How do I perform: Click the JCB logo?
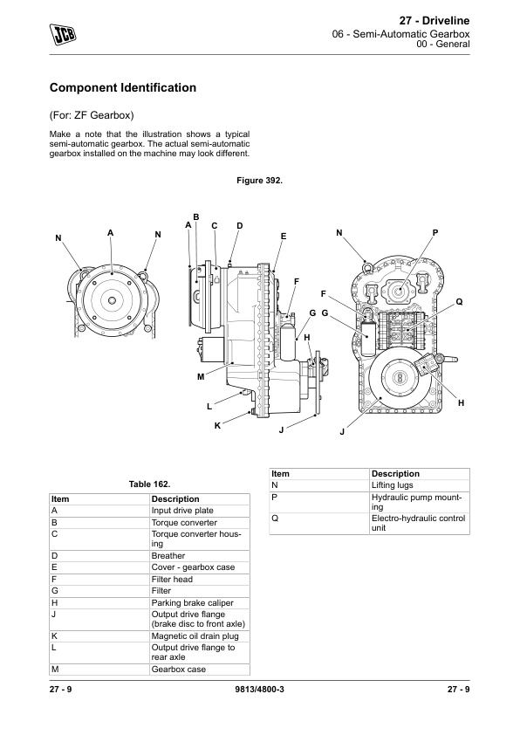coord(63,34)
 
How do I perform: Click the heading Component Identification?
coord(123,87)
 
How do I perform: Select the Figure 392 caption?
coord(259,181)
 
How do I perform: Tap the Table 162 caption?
coord(149,484)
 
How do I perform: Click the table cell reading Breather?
coord(168,556)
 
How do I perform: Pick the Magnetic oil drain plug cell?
coord(195,636)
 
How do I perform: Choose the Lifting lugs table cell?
coord(392,485)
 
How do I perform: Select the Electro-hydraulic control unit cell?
coord(418,523)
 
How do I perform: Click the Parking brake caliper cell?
coord(192,603)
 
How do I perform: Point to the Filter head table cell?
coord(172,580)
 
